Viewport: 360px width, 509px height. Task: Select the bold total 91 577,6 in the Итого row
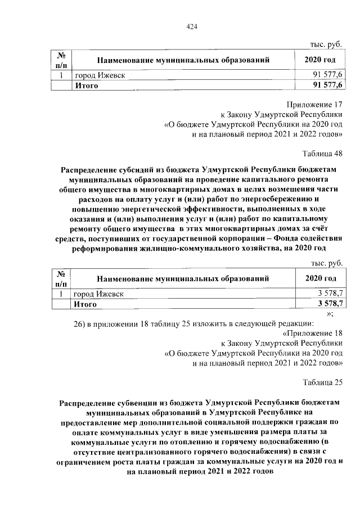coord(328,85)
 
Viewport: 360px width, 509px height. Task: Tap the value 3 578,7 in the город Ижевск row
coord(330,294)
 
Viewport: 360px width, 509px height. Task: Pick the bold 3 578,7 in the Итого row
coord(330,304)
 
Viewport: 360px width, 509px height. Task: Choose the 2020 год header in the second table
coord(321,278)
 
